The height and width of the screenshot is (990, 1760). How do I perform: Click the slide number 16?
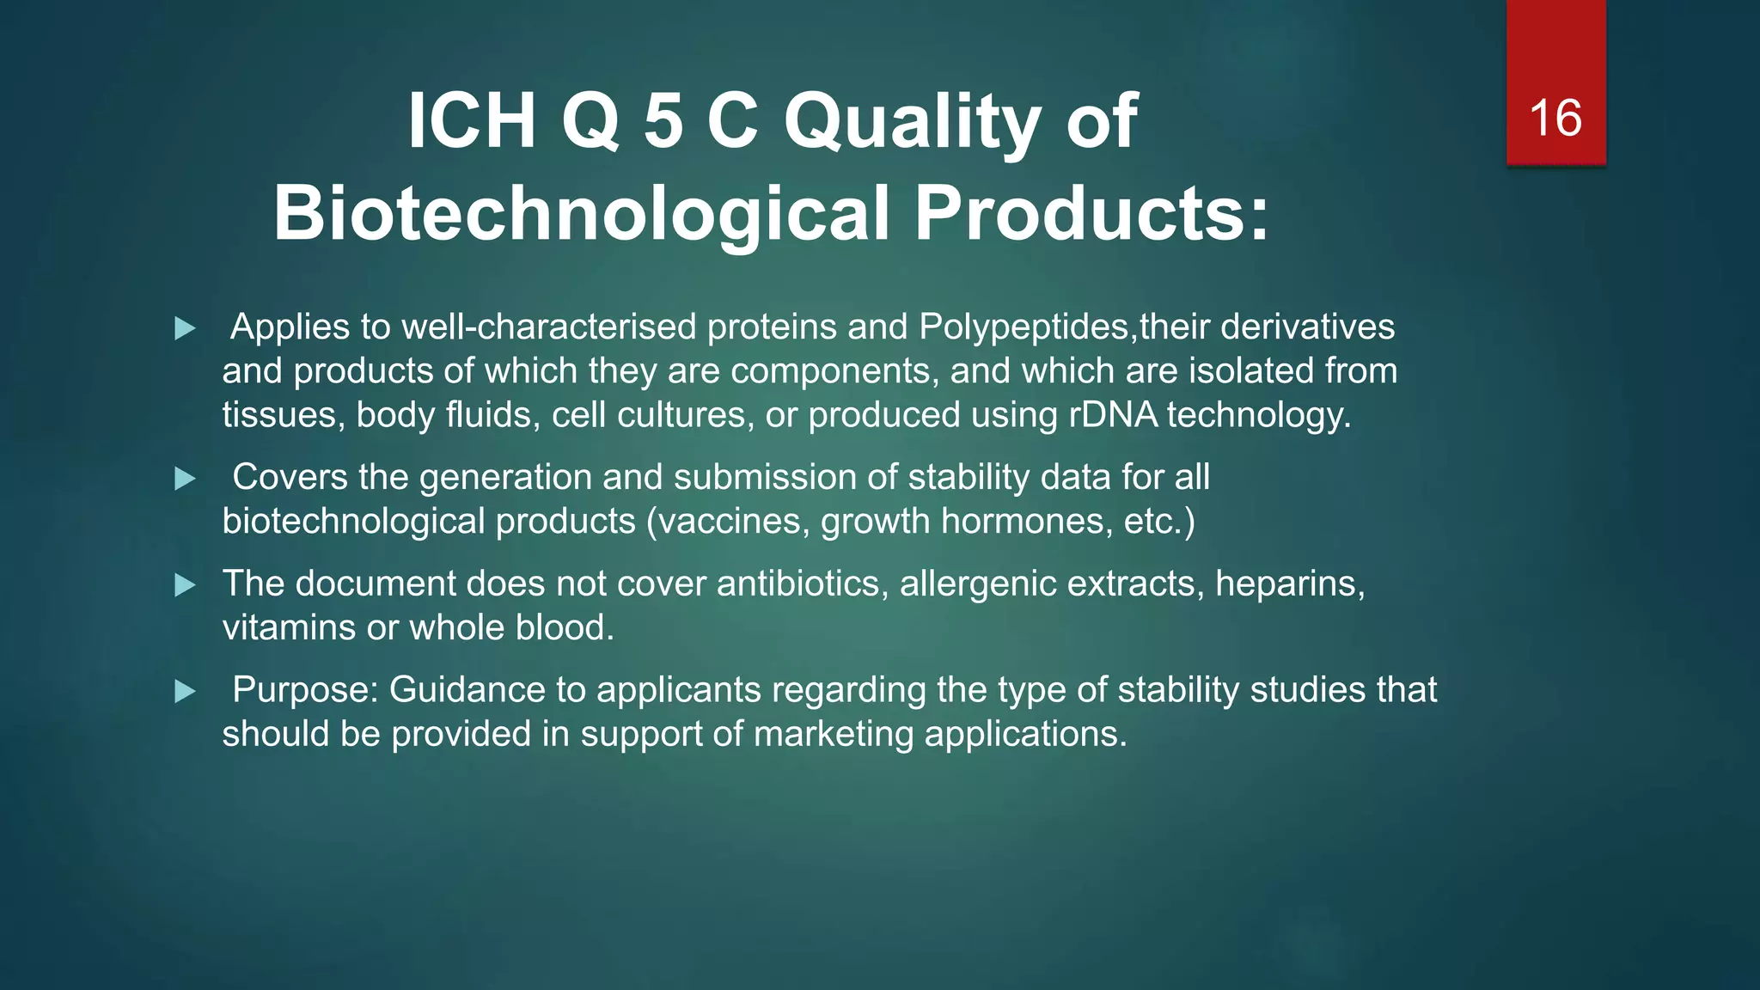point(1555,118)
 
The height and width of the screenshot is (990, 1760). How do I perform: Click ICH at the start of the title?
point(472,122)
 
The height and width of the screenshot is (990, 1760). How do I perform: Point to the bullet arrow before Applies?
point(185,328)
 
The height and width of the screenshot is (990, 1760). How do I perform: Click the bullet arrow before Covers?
point(185,479)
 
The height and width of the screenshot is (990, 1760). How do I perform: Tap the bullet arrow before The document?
point(185,585)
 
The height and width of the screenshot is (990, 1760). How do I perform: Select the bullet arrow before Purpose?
point(185,691)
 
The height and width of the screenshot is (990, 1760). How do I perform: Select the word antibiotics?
point(799,584)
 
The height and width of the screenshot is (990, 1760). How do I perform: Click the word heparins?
point(1289,584)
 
